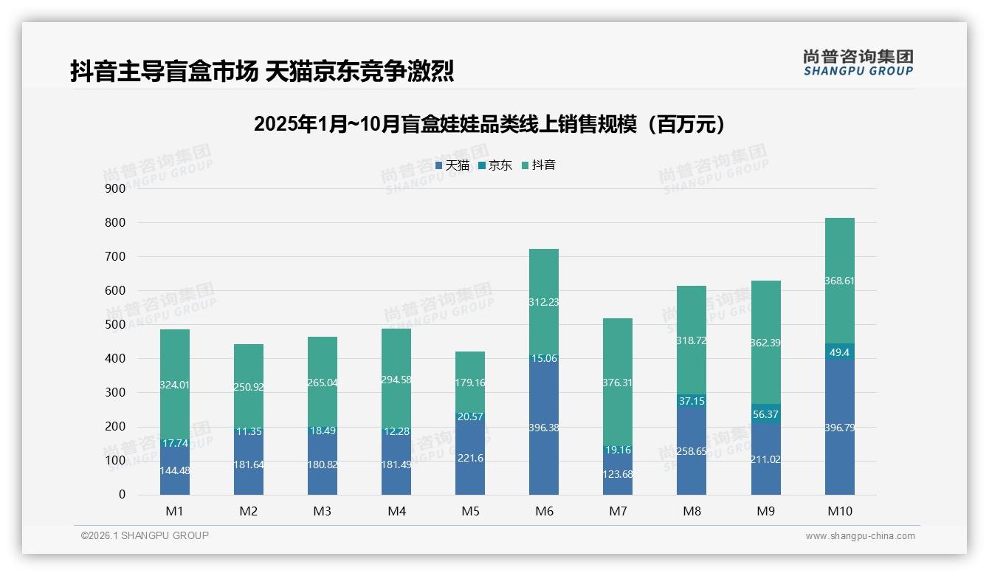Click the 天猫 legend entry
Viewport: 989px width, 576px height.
(x=452, y=165)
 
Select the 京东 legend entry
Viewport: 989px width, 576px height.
(x=495, y=165)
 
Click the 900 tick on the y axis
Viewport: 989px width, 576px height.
(x=114, y=188)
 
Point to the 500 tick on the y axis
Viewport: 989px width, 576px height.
(x=114, y=325)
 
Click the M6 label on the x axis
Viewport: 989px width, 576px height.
(x=544, y=511)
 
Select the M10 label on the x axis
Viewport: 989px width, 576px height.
(x=839, y=511)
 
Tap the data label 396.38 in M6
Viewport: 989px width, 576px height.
(x=544, y=428)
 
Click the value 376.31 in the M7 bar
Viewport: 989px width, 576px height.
(x=618, y=383)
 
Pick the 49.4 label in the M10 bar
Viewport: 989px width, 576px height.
(x=840, y=352)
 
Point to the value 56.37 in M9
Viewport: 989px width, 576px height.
(x=766, y=414)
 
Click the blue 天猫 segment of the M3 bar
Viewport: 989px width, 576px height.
(x=323, y=473)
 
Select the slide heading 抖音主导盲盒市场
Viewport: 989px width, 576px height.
(x=261, y=72)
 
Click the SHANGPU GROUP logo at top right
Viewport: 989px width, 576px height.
(x=858, y=63)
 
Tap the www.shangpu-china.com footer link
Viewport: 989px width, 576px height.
(x=860, y=536)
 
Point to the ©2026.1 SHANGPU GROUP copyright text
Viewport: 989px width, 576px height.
(x=145, y=535)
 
